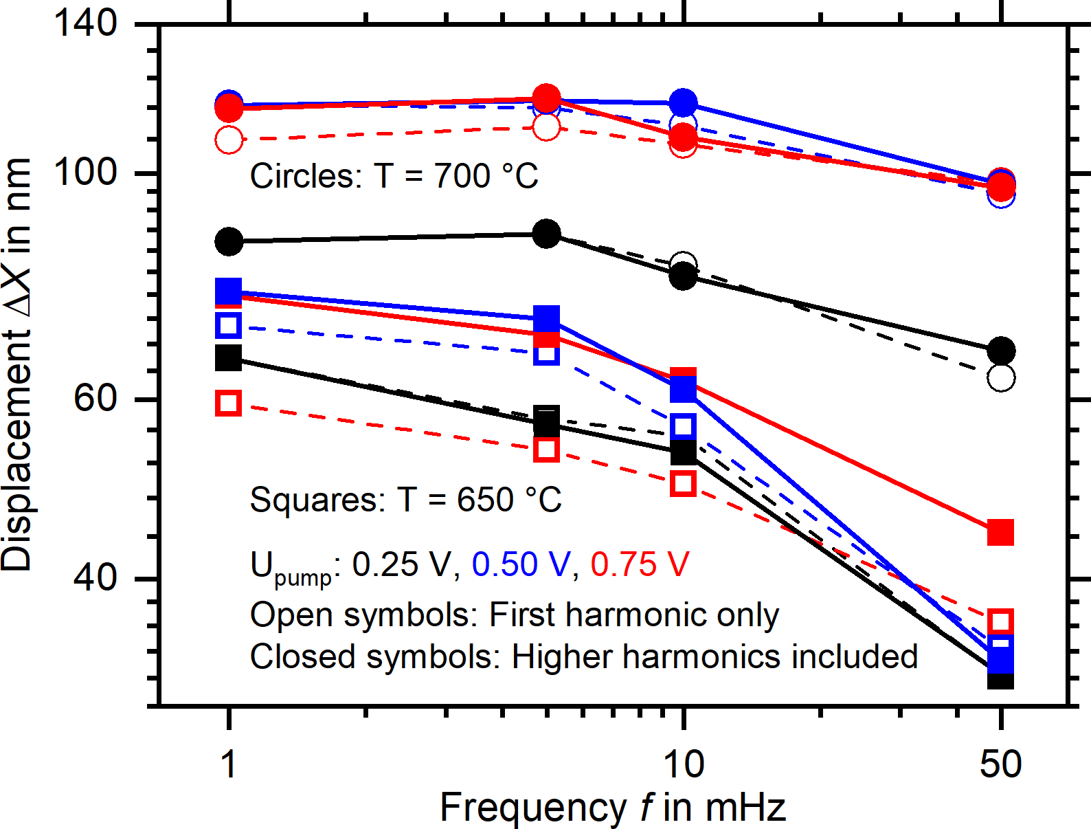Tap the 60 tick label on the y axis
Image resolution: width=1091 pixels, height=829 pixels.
tap(95, 399)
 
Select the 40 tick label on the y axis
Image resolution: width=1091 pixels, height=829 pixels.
tap(95, 577)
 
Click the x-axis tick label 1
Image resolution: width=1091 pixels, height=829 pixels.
tap(229, 764)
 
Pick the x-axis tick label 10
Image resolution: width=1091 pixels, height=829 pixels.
tap(683, 764)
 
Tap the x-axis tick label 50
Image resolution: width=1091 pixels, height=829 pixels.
tap(1000, 764)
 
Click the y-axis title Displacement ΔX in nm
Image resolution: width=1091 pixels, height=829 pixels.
tap(16, 364)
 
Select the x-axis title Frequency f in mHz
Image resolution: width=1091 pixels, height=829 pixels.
tap(612, 807)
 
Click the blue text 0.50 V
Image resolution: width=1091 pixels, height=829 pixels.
tap(521, 565)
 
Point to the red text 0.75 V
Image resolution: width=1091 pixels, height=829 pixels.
tap(640, 565)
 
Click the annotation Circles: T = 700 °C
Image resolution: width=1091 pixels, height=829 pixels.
tap(394, 176)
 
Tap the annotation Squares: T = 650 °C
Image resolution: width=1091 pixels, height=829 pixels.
tap(405, 500)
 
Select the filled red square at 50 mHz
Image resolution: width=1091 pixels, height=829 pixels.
tap(1000, 532)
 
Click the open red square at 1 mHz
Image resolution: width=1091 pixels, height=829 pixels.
tap(229, 403)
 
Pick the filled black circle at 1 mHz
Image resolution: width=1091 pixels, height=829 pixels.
tap(229, 241)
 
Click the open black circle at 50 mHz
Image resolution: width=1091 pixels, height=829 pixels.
tap(1001, 377)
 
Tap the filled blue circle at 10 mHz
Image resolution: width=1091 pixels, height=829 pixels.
tap(683, 103)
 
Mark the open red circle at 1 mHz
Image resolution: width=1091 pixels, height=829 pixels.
tap(229, 140)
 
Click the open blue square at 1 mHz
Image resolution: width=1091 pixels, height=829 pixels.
tap(229, 324)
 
